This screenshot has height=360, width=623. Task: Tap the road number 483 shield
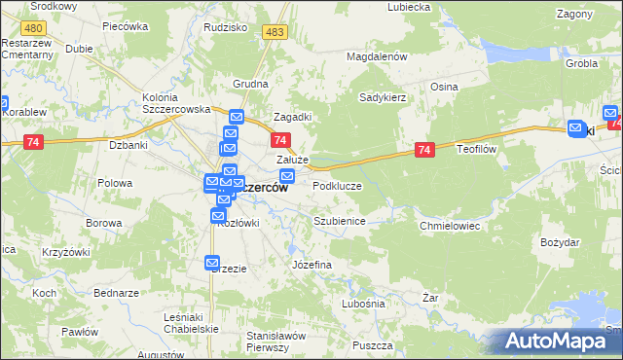[x=275, y=32]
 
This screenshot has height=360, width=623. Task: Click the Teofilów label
[x=478, y=150]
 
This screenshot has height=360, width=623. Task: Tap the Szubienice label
[x=339, y=221]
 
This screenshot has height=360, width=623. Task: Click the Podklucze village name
[x=337, y=185]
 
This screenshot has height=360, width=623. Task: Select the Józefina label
[x=312, y=265]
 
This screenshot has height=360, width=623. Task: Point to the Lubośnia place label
[x=363, y=304]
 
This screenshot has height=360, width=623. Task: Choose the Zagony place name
[x=574, y=15]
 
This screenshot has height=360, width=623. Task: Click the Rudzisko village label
[x=225, y=27]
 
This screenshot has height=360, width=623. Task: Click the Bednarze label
[x=117, y=293]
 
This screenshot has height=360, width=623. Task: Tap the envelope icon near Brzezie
[x=213, y=263]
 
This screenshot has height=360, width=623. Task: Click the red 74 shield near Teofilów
[x=424, y=150]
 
